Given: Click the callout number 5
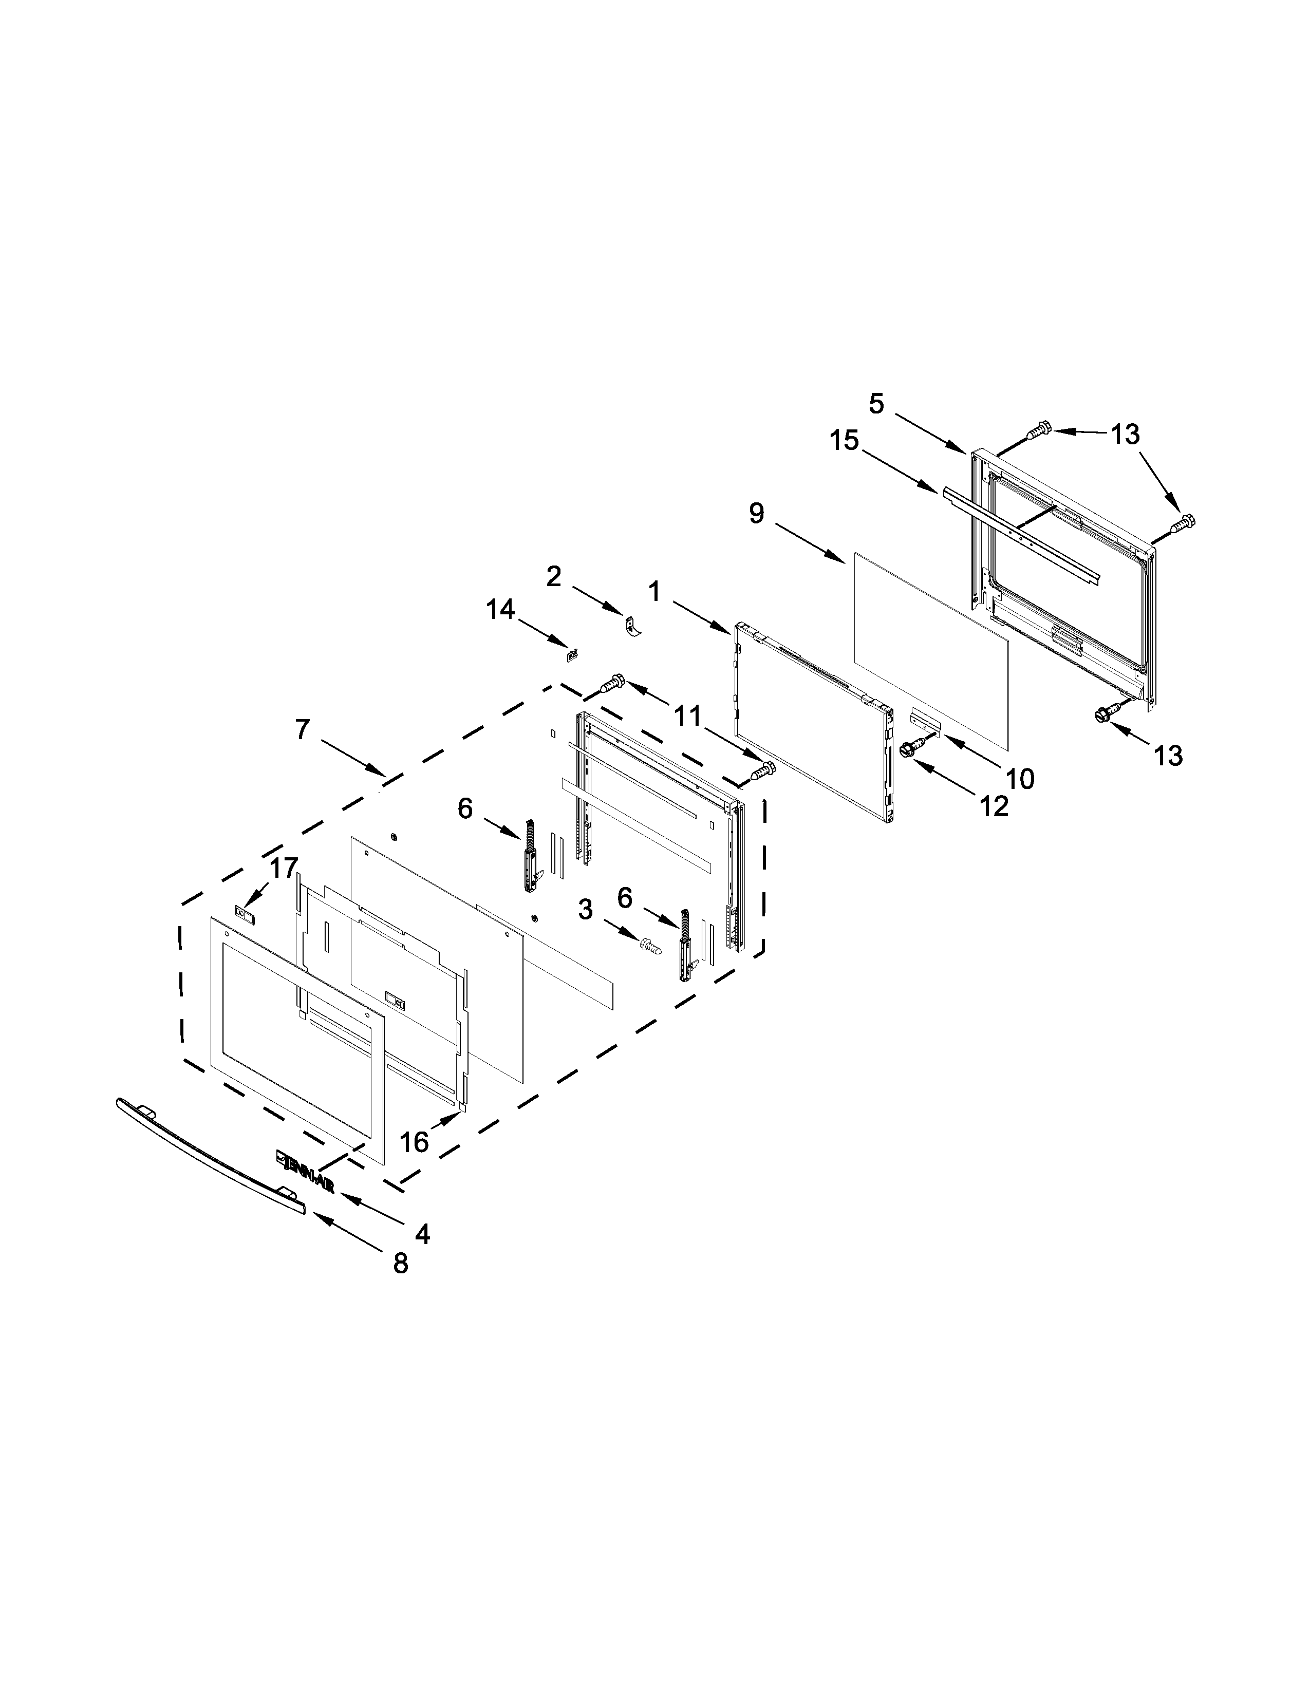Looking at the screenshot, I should point(876,404).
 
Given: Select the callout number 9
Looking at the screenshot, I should point(757,512).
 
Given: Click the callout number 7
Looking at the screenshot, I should point(303,729).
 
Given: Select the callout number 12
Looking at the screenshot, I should point(994,806).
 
